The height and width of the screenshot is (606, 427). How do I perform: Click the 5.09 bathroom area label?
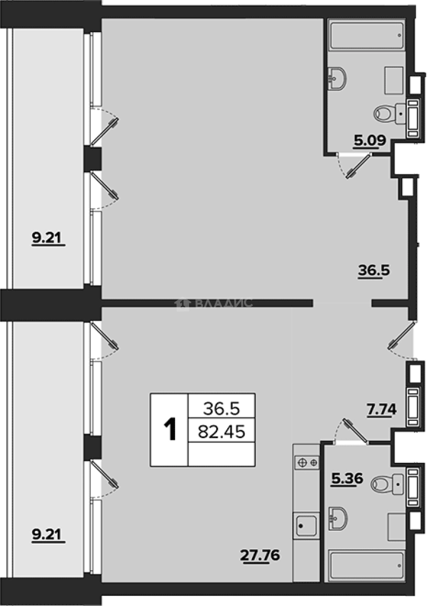[x=370, y=141]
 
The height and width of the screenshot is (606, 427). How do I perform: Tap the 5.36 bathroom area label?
[x=347, y=479]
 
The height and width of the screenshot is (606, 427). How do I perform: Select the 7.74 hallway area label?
[x=382, y=409]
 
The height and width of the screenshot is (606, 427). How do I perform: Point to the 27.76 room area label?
[x=260, y=555]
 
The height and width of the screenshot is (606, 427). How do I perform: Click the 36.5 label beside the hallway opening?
[x=374, y=270]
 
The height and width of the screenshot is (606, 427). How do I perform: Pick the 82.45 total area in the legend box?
[x=222, y=431]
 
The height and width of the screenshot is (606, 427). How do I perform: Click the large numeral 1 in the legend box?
[x=170, y=429]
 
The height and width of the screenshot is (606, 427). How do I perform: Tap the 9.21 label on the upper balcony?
[x=47, y=238]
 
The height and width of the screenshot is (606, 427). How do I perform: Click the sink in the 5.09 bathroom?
[x=337, y=79]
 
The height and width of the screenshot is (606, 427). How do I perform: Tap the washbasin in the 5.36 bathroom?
[x=338, y=518]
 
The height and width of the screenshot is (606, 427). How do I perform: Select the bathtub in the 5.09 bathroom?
[x=366, y=35]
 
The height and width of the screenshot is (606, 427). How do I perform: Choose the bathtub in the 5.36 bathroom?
[x=366, y=566]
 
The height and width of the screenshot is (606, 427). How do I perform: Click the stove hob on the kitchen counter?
[x=307, y=462]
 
